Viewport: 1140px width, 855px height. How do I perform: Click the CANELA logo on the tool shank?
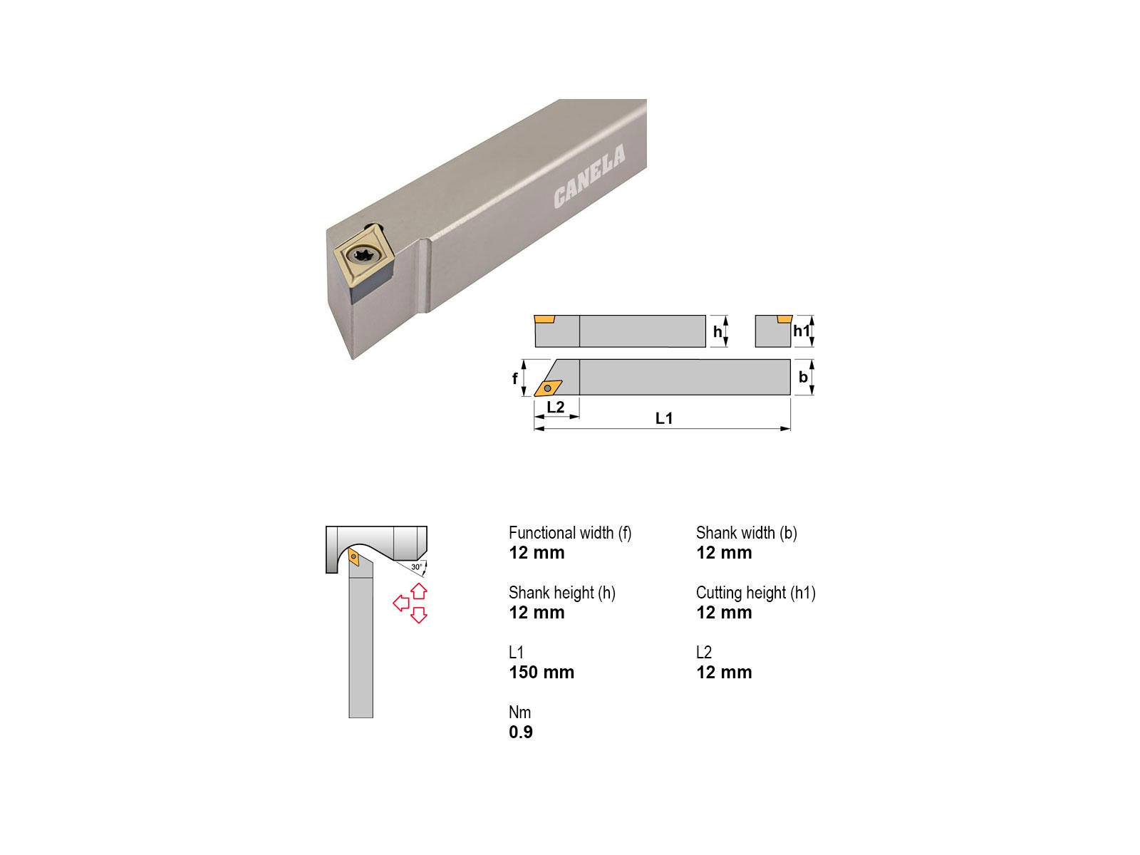coord(589,176)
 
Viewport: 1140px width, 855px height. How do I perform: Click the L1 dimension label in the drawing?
coord(664,418)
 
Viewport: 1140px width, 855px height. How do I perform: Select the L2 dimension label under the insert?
coord(555,406)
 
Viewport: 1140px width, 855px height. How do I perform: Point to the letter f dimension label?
coord(514,378)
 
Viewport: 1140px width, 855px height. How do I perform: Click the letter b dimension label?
coord(803,377)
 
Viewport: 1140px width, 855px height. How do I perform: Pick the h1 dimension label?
coord(802,331)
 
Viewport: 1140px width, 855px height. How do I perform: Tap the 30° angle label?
coord(417,567)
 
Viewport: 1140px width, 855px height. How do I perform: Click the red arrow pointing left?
coord(401,603)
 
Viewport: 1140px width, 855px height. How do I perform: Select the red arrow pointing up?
coord(419,591)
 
